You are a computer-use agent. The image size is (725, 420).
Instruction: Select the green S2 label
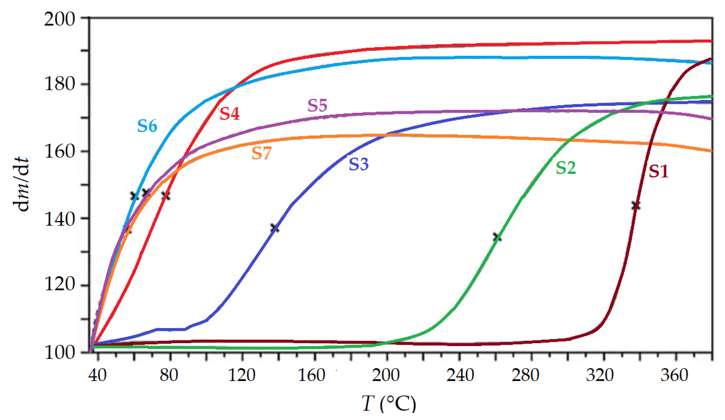pos(566,168)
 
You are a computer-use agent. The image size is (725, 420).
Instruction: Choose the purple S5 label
pos(317,105)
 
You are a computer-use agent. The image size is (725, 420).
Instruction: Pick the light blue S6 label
pos(147,126)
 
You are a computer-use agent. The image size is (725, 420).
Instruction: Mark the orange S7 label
pos(261,153)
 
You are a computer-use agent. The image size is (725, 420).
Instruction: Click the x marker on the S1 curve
pos(635,205)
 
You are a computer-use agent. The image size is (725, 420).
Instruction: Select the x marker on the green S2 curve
pos(497,237)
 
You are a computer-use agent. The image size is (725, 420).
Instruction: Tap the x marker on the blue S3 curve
pos(274,228)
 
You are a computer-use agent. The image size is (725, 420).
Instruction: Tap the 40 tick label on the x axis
pos(97,375)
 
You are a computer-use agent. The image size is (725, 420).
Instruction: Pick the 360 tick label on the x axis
pos(674,375)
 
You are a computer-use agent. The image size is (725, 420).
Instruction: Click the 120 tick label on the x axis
pos(242,375)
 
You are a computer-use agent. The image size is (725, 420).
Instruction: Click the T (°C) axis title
pos(389,403)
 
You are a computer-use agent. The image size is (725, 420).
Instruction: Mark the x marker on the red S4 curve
pos(166,196)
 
